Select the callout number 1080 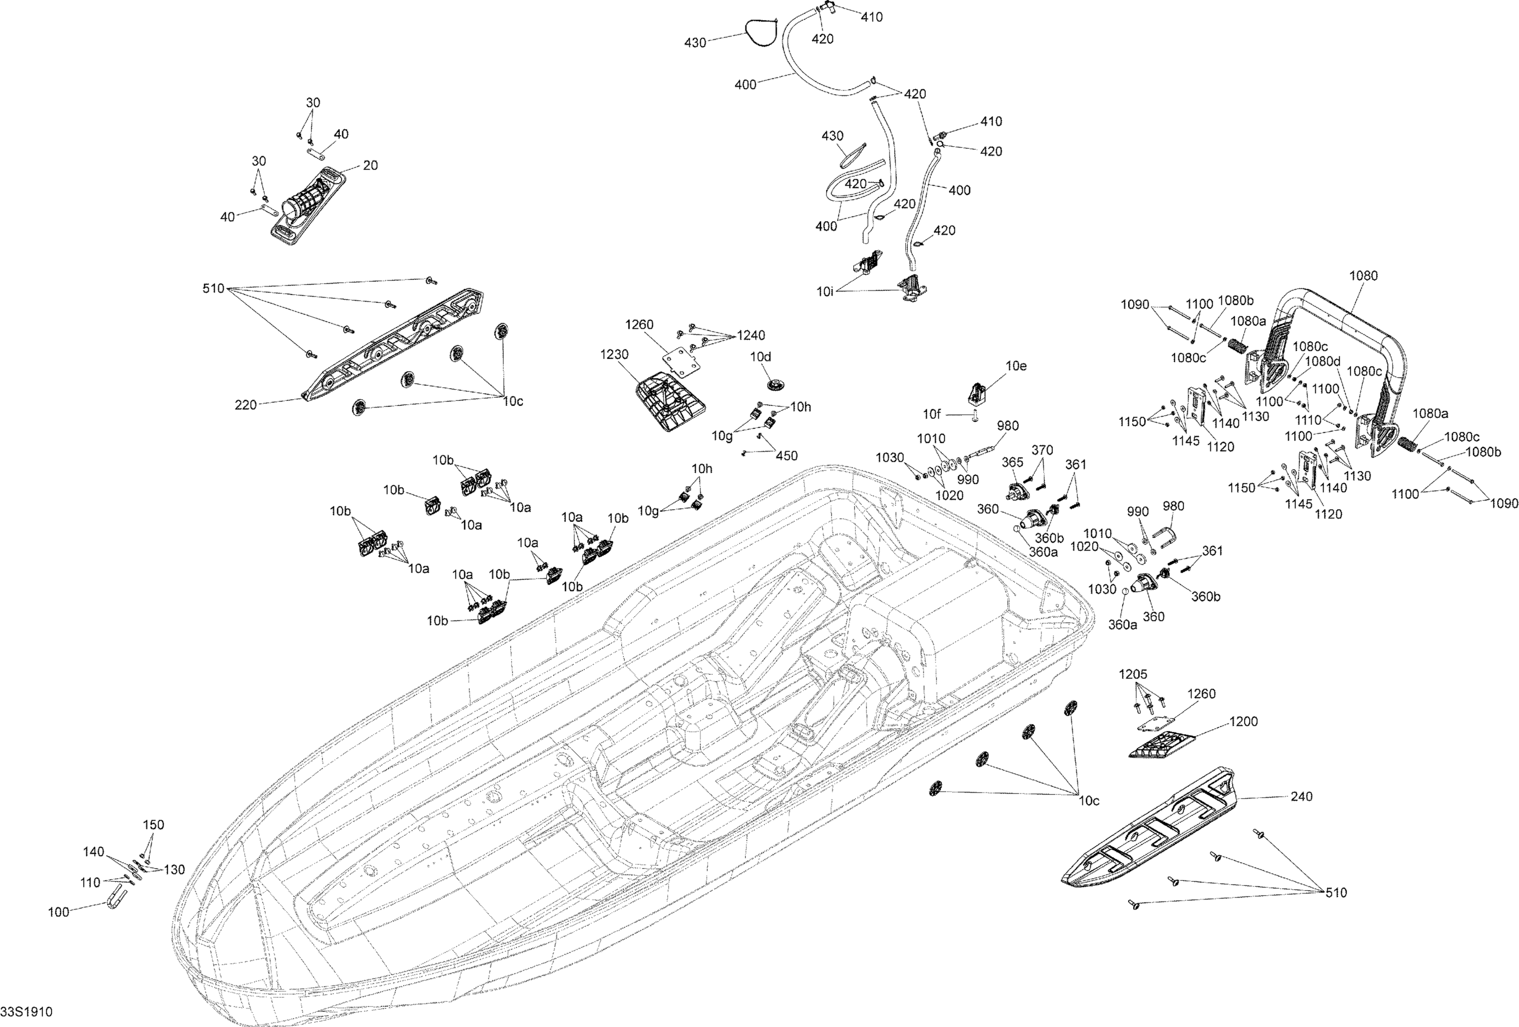click(1364, 276)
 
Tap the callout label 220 click(246, 406)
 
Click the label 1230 click(614, 355)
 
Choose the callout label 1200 click(1243, 722)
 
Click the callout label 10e click(1015, 366)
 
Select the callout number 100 click(59, 912)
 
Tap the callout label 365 click(1013, 462)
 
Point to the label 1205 click(1133, 674)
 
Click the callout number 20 click(370, 166)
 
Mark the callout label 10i click(825, 292)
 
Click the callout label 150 click(153, 825)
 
